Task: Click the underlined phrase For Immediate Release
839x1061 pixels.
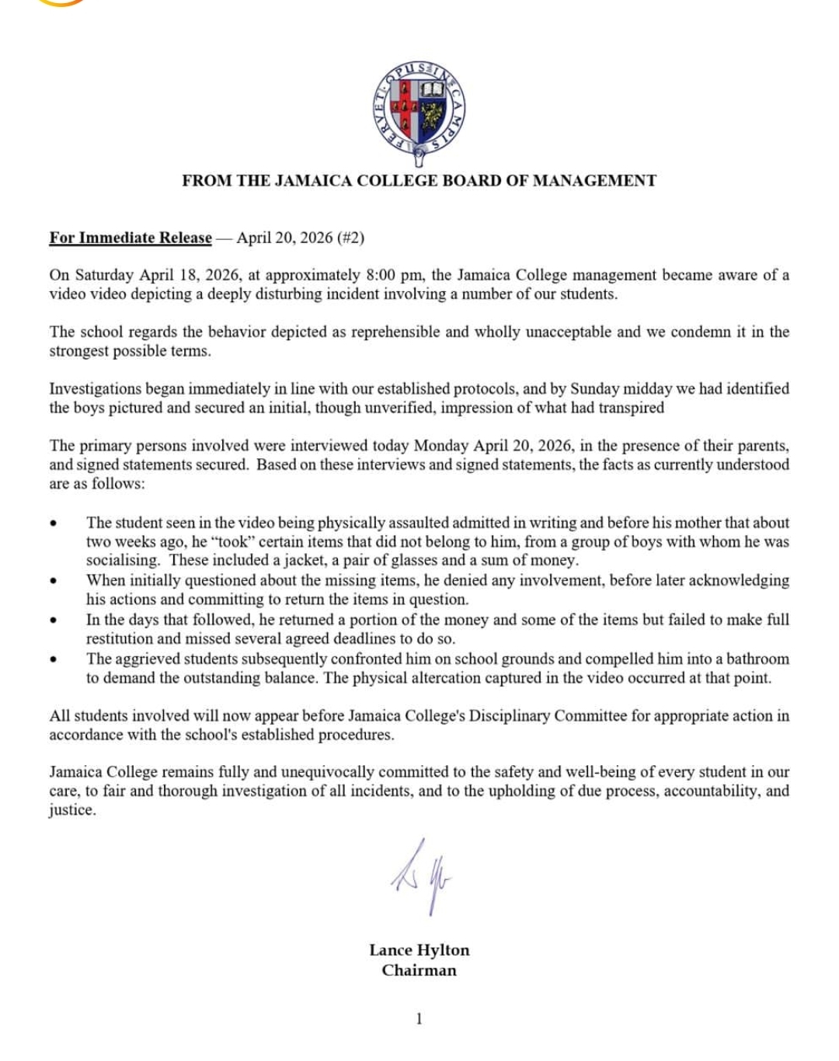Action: tap(131, 238)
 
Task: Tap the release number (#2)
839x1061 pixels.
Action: tap(350, 238)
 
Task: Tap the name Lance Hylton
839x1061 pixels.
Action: tap(419, 950)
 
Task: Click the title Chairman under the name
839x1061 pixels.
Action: tap(419, 970)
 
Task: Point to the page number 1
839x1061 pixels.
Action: tap(419, 1019)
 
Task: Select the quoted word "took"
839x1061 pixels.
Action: tap(233, 541)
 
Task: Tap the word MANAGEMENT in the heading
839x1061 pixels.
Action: tap(594, 181)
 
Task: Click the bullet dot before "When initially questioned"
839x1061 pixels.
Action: tap(54, 581)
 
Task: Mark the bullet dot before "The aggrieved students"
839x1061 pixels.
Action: tap(54, 659)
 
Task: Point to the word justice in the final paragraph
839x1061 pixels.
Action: tap(71, 809)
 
